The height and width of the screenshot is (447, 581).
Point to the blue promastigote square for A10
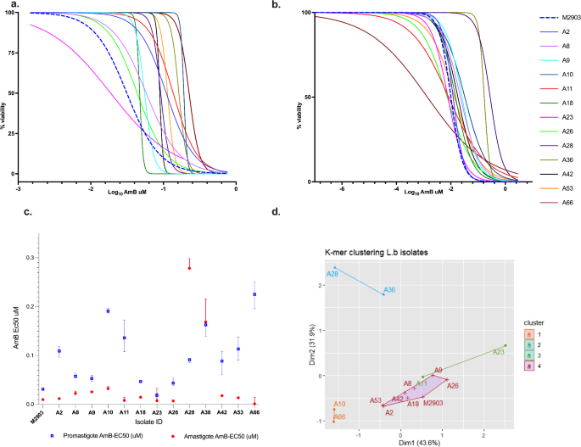108,310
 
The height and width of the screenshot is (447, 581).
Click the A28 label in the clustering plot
333,273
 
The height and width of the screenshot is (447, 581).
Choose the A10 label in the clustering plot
339,404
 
